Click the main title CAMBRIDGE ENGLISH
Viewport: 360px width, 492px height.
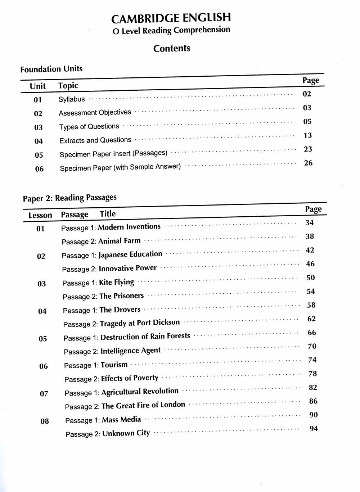click(171, 18)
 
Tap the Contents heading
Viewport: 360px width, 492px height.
click(172, 48)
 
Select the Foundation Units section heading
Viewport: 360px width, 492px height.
click(51, 69)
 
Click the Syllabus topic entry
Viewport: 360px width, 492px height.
click(72, 99)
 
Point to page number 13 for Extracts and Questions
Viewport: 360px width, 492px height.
click(307, 135)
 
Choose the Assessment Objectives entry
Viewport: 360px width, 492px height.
click(95, 113)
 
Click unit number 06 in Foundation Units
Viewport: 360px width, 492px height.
click(39, 169)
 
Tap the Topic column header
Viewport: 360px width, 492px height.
click(68, 86)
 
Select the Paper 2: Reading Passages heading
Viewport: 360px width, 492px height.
click(69, 198)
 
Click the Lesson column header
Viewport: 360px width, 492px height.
click(40, 215)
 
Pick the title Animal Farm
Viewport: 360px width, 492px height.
click(119, 241)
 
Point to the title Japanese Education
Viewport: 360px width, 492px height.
click(130, 254)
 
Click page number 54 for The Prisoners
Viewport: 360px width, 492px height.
click(311, 291)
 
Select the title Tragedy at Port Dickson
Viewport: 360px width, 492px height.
click(140, 323)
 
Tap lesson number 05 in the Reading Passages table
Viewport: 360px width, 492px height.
click(43, 339)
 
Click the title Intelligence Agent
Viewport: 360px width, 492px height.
click(130, 351)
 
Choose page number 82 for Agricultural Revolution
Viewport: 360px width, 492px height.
click(313, 387)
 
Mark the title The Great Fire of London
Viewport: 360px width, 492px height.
click(143, 405)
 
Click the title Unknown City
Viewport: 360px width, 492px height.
click(126, 433)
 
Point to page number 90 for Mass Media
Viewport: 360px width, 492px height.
click(314, 415)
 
